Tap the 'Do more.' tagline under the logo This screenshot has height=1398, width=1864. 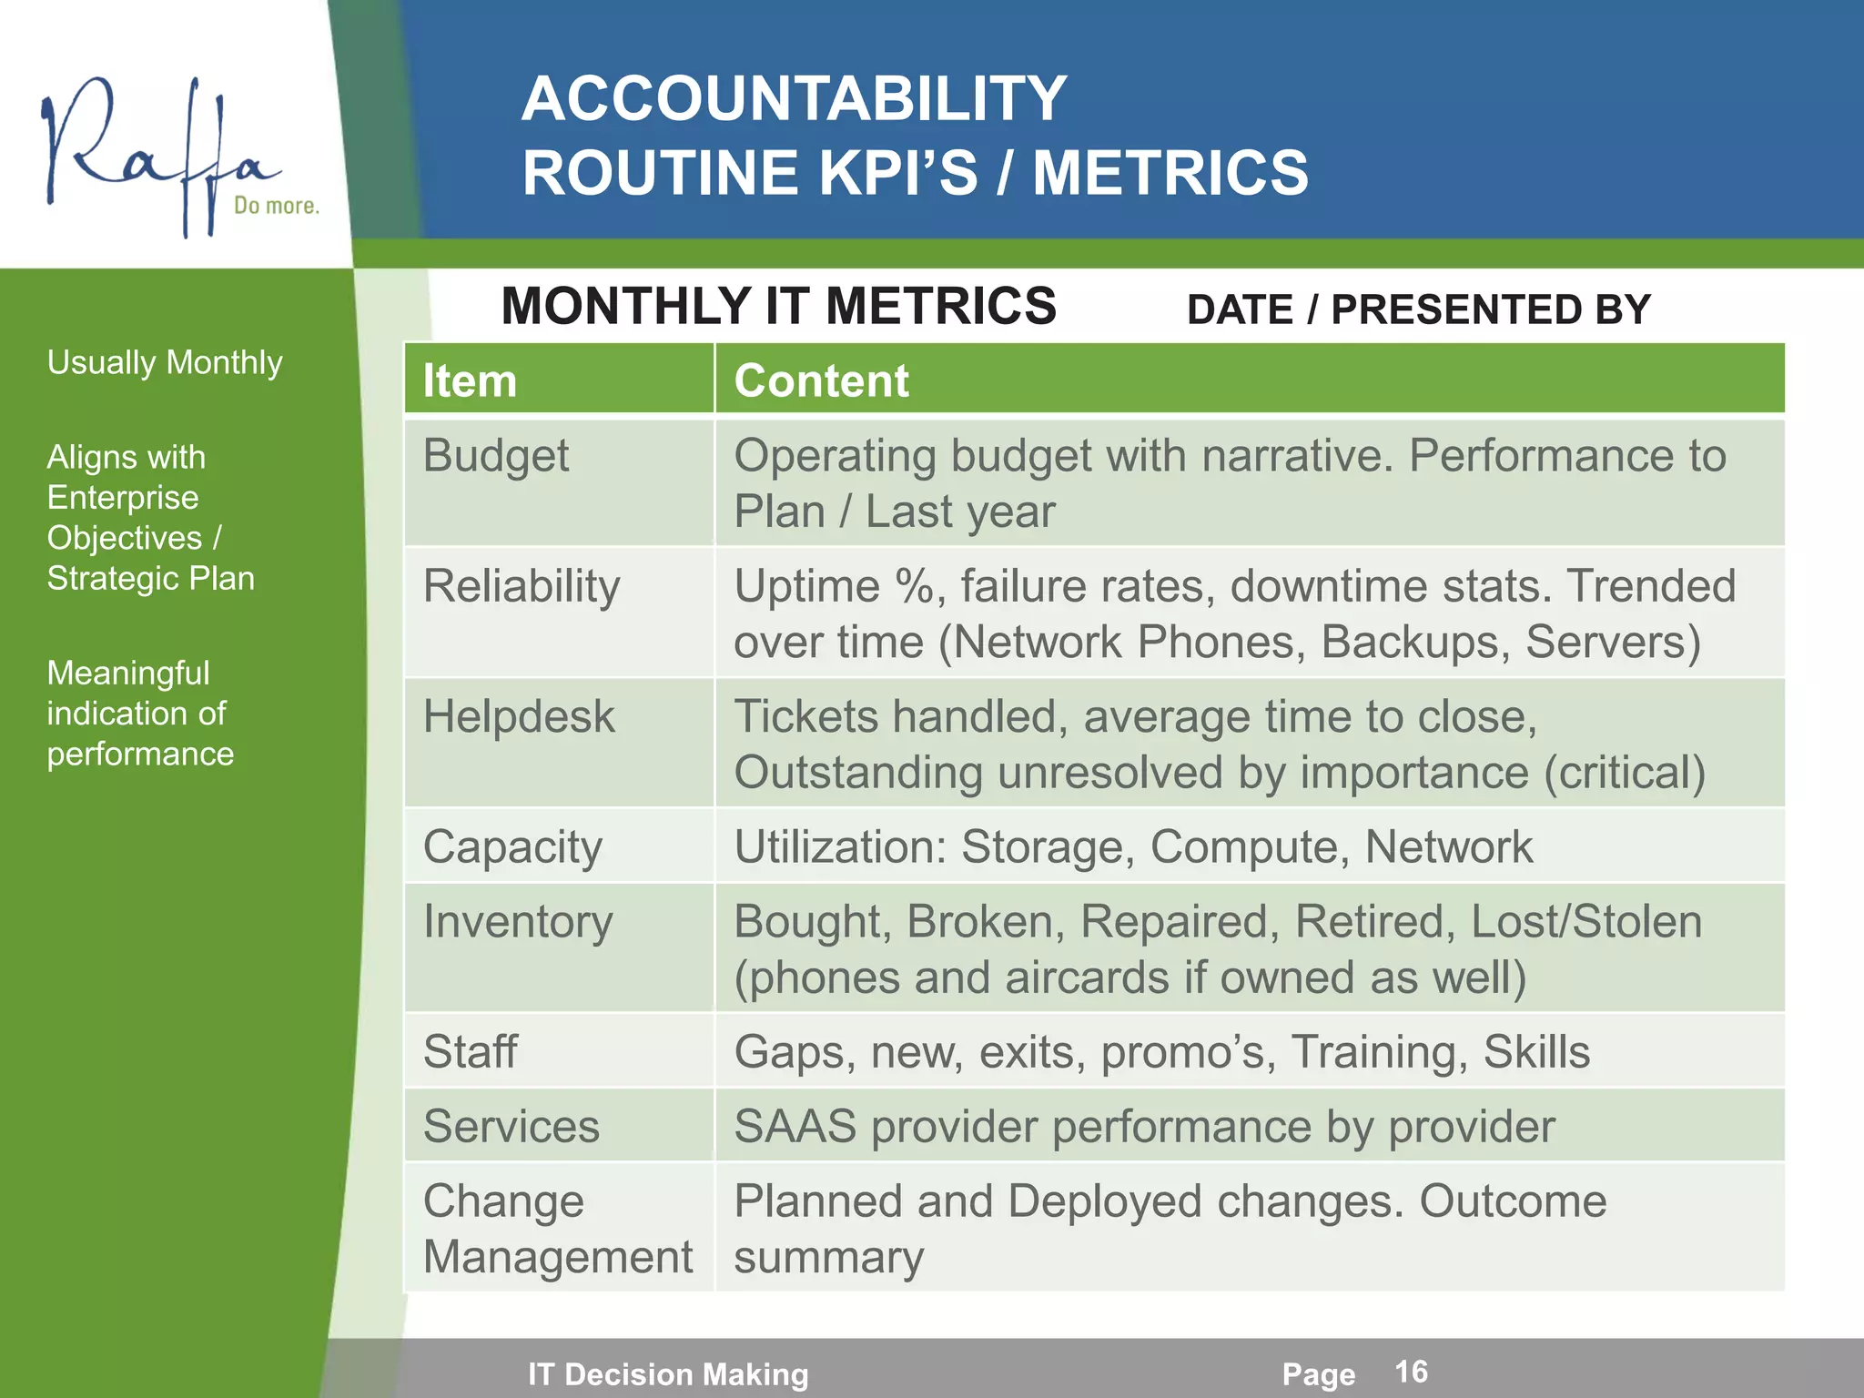(277, 206)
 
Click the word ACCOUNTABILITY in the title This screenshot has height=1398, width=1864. (794, 98)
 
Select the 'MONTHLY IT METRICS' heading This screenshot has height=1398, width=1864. (778, 306)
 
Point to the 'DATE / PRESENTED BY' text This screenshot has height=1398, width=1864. (1418, 309)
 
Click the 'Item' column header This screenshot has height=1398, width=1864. (470, 380)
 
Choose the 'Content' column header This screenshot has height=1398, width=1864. (821, 380)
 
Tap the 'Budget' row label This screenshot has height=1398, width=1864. (496, 455)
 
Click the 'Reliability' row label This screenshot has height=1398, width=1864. (522, 585)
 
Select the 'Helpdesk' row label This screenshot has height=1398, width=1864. (519, 716)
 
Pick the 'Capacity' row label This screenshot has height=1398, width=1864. (512, 847)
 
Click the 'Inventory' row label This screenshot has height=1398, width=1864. (518, 922)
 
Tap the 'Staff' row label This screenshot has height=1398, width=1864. (471, 1052)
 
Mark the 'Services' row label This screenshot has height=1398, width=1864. (512, 1127)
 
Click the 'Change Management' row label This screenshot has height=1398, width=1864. (558, 1229)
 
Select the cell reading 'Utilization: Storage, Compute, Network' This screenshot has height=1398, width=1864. (1133, 847)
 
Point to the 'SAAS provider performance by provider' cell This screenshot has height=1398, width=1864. (1144, 1127)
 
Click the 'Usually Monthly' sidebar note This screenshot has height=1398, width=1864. (165, 362)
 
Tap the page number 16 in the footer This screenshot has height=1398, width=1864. (1411, 1372)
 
